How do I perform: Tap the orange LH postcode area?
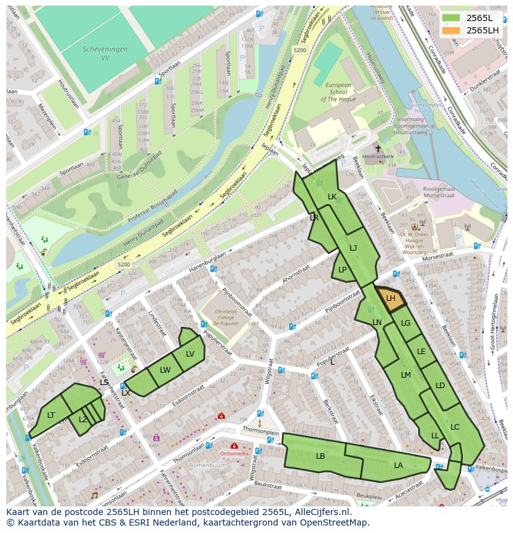click(390, 298)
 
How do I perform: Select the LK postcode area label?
click(332, 197)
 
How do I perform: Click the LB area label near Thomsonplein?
click(320, 456)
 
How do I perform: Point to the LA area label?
click(398, 466)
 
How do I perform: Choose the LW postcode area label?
click(165, 370)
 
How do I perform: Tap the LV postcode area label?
click(190, 354)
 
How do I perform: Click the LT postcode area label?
click(51, 415)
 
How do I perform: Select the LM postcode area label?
click(406, 375)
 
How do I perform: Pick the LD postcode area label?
click(440, 386)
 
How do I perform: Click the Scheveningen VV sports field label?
click(105, 53)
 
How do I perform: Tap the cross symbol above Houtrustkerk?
click(378, 149)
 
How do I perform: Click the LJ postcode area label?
click(353, 248)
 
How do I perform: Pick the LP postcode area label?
click(343, 270)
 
